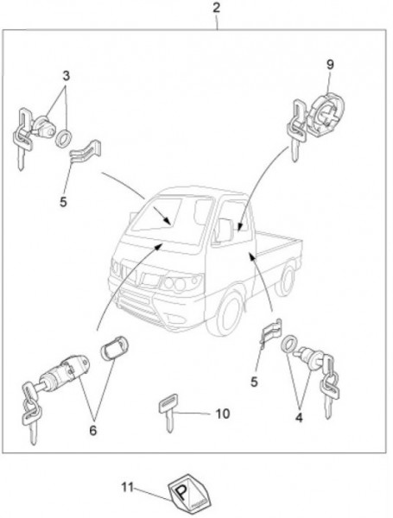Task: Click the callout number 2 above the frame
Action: pos(216,8)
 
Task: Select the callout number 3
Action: pos(67,76)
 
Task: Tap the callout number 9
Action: pos(330,65)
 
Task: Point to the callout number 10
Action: pos(223,414)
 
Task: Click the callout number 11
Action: pos(127,487)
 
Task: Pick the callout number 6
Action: pos(93,431)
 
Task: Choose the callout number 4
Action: pos(299,418)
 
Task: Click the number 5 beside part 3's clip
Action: pos(63,201)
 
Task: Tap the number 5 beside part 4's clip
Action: pos(254,382)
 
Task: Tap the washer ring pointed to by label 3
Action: pos(63,138)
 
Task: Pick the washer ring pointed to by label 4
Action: pos(289,344)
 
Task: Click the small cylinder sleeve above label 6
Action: pos(114,348)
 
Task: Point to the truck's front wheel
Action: pos(229,312)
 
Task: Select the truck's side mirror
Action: pos(224,230)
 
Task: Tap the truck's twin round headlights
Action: pos(176,284)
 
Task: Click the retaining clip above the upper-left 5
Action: pos(86,150)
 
